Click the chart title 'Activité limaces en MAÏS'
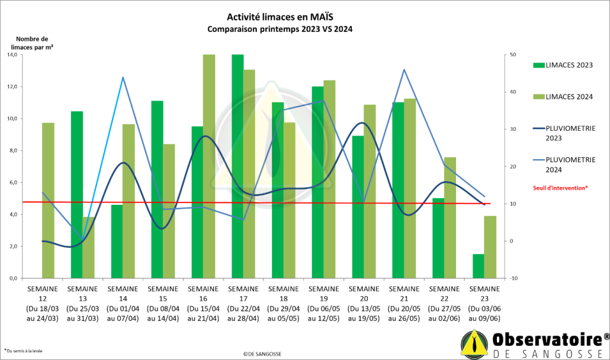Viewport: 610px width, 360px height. (x=276, y=18)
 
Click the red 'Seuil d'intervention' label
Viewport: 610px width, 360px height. (x=561, y=188)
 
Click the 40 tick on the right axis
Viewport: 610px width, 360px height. (x=513, y=92)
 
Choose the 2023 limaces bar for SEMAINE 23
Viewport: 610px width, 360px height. (x=478, y=266)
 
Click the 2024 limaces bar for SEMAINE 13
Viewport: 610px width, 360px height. (x=88, y=247)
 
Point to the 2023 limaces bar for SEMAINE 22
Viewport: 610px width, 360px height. (x=438, y=238)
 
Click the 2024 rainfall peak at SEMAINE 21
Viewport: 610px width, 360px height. (x=404, y=70)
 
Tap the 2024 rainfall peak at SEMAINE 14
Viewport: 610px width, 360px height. (x=123, y=78)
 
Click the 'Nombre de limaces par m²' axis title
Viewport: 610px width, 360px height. (x=31, y=43)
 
